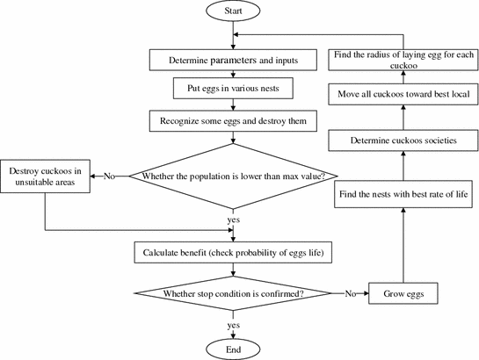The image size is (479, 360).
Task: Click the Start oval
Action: coord(233,11)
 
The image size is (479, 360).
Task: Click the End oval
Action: coord(233,348)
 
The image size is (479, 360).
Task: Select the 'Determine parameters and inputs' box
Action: coord(233,61)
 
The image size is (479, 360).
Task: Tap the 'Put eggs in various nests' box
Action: coord(233,89)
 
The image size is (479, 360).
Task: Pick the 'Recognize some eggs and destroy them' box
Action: coord(233,119)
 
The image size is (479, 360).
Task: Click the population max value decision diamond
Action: coord(233,176)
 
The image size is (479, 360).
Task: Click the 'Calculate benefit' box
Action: coord(233,253)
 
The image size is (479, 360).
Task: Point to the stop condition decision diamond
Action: coord(233,292)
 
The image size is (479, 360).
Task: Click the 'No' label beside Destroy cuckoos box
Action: coord(109,176)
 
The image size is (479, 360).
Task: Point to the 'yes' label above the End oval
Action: coord(233,324)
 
